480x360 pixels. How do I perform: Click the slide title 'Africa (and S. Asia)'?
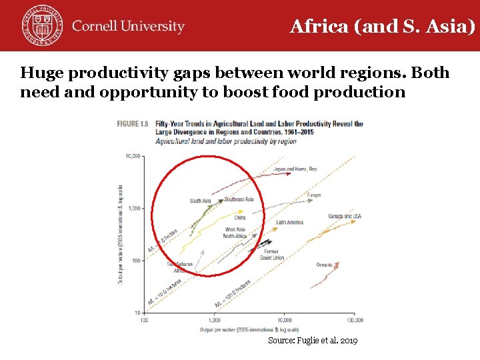(x=383, y=27)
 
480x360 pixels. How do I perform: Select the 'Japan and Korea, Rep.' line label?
(x=295, y=169)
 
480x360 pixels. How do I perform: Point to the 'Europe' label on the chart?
(x=314, y=195)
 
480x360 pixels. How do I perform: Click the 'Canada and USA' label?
(x=345, y=217)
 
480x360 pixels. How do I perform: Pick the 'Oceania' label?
(x=324, y=265)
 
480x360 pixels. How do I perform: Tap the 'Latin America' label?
(x=289, y=223)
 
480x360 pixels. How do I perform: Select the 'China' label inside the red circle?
(x=240, y=217)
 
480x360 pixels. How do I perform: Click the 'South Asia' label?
(x=200, y=201)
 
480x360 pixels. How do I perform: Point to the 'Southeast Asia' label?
(x=239, y=199)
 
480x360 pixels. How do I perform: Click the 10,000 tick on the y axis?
(x=133, y=157)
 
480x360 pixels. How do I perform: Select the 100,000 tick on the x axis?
(x=354, y=320)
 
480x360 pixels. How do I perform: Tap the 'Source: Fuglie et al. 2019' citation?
(x=313, y=341)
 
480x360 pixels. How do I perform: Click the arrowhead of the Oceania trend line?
(x=337, y=264)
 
